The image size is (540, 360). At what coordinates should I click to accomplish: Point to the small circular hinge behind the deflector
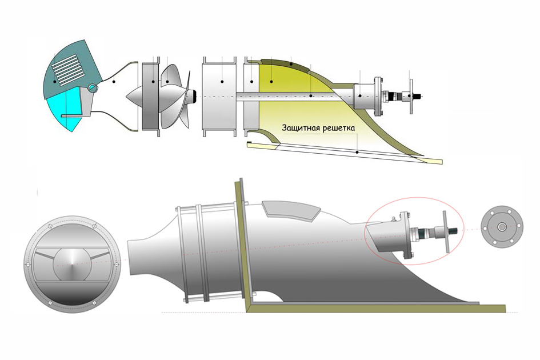[93, 88]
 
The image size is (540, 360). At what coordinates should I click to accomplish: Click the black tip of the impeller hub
[195, 95]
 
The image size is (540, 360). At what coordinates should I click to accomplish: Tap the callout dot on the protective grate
[358, 152]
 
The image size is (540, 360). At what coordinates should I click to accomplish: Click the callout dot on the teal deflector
[55, 82]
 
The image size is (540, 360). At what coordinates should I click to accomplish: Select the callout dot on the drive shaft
[311, 96]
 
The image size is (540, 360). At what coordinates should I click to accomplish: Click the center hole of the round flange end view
[501, 226]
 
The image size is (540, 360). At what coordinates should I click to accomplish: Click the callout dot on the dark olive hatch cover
[291, 65]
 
